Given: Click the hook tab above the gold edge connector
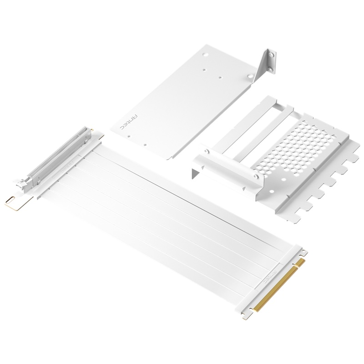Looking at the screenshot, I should [301, 252].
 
